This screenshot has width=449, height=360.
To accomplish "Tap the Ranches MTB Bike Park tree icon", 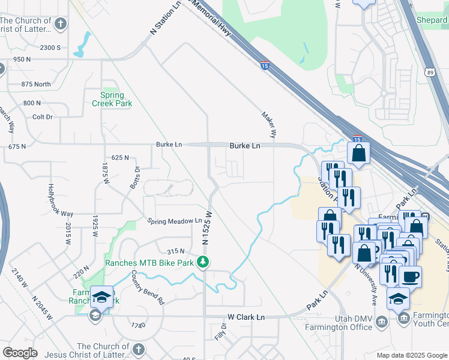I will [x=203, y=262].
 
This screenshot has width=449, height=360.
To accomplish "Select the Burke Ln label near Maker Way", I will [x=245, y=146].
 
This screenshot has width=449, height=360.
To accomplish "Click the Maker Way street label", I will [x=268, y=125].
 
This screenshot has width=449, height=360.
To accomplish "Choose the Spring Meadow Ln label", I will [x=175, y=221].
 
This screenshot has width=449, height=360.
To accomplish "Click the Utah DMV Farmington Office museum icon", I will [x=382, y=323].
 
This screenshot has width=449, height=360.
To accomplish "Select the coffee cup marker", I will [x=410, y=277].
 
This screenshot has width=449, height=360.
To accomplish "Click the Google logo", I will [x=20, y=352].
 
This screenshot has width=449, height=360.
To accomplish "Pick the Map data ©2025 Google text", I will [x=412, y=355].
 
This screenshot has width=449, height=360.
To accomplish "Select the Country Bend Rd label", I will [x=148, y=288].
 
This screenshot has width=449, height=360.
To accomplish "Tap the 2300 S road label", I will [x=51, y=47].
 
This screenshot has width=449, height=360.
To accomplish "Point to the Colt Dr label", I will [x=43, y=117].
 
